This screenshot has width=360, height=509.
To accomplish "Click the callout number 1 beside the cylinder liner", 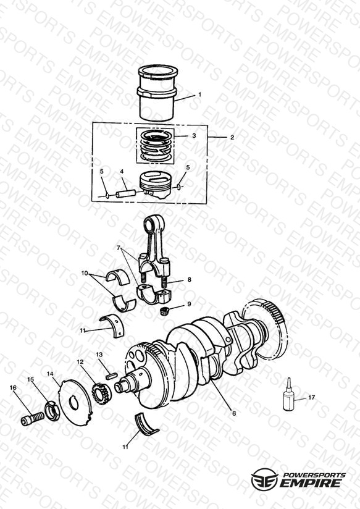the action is pyautogui.click(x=199, y=95).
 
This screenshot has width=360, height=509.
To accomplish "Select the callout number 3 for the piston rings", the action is pyautogui.click(x=194, y=136).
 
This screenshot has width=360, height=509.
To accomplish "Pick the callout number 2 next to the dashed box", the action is pyautogui.click(x=232, y=137).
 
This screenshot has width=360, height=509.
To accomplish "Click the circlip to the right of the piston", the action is pyautogui.click(x=180, y=187).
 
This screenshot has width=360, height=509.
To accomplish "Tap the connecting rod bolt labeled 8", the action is pyautogui.click(x=164, y=282).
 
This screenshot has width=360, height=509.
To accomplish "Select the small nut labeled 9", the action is pyautogui.click(x=165, y=311).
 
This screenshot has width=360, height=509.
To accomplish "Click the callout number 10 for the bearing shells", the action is pyautogui.click(x=85, y=273).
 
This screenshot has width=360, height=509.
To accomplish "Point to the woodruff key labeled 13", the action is pyautogui.click(x=111, y=376).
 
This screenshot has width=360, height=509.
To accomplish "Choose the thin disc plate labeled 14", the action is pyautogui.click(x=75, y=403).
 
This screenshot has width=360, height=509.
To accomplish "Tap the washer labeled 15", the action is pyautogui.click(x=51, y=410).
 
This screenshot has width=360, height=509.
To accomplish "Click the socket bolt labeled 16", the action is pyautogui.click(x=32, y=418).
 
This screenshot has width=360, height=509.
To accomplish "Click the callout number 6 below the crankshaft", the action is pyautogui.click(x=234, y=414).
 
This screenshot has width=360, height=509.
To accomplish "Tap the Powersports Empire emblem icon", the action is pyautogui.click(x=264, y=479).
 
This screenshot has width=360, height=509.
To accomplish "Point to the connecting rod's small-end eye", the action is pyautogui.click(x=151, y=224).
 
